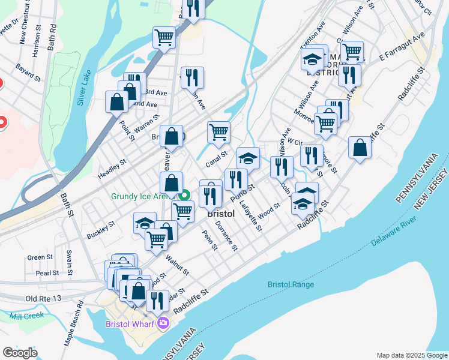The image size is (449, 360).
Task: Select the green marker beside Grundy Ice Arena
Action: (185, 196)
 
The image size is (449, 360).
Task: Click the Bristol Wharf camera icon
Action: (163, 324)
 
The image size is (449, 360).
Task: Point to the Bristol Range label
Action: (291, 284)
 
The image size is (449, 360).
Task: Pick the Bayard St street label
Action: (28, 72)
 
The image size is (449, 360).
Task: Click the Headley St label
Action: (112, 169)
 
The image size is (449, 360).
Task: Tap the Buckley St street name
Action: (100, 229)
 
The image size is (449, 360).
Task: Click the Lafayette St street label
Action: (251, 215)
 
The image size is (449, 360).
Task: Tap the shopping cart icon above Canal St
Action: (218, 132)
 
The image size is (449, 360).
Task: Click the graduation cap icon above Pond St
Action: (248, 158)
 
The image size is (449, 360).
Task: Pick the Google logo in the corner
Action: (20, 353)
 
